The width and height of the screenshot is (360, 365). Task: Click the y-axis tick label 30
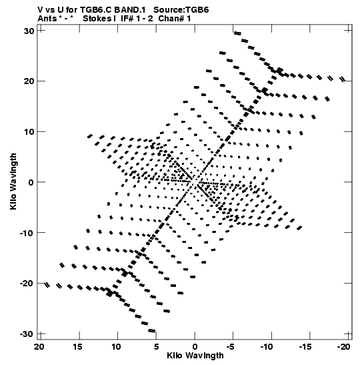click(29, 31)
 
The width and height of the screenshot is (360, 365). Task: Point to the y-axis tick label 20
click(29, 81)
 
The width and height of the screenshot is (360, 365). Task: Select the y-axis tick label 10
click(29, 131)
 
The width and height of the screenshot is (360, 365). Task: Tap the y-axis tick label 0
click(31, 182)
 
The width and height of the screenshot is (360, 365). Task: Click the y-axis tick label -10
click(27, 233)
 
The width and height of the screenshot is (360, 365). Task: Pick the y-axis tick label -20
click(27, 284)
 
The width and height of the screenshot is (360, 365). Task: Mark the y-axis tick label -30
click(27, 334)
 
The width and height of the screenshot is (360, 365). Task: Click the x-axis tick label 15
click(77, 347)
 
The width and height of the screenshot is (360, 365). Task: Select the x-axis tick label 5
click(156, 347)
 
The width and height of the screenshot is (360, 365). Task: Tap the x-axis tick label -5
click(231, 347)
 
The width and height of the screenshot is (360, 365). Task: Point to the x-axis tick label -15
click(305, 347)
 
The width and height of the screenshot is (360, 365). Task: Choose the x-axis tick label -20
click(343, 347)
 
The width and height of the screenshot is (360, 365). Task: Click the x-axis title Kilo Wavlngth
click(195, 356)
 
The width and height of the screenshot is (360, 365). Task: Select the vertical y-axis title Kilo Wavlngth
click(13, 181)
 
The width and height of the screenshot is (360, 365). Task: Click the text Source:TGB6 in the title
click(181, 10)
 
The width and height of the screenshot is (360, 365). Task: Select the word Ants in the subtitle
click(47, 19)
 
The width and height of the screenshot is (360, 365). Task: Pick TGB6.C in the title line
click(95, 10)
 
